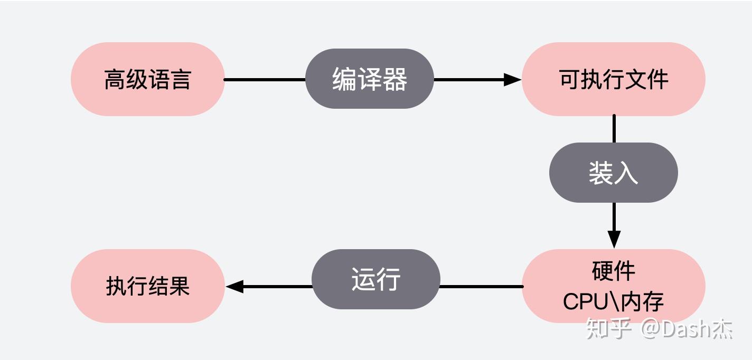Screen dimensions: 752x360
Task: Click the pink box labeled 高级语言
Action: [x=148, y=79]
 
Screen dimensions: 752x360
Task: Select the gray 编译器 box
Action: [x=370, y=79]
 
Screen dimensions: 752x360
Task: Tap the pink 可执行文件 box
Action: [x=614, y=79]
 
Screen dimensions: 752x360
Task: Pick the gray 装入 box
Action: [x=614, y=173]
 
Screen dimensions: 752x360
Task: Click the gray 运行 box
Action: [x=376, y=279]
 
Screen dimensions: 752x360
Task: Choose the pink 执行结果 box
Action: [x=148, y=286]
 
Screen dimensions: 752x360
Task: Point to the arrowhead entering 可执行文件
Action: [x=513, y=80]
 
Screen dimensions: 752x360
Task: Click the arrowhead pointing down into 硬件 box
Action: [x=614, y=240]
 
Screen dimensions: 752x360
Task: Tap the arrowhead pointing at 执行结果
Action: [x=234, y=287]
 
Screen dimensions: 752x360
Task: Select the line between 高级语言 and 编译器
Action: [x=265, y=80]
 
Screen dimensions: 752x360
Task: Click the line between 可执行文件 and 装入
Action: [x=614, y=129]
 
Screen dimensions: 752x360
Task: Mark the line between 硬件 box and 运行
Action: [x=482, y=287]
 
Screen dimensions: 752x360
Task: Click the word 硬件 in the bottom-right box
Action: [x=614, y=271]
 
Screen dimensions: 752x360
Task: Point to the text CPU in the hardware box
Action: [x=585, y=301]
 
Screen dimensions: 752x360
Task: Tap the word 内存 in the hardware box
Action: [x=642, y=301]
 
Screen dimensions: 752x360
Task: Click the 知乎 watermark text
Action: [x=608, y=329]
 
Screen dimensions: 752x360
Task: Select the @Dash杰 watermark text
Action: [x=687, y=329]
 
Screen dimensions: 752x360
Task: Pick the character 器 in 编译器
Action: [x=395, y=79]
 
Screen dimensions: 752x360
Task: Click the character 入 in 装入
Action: [x=626, y=173]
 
